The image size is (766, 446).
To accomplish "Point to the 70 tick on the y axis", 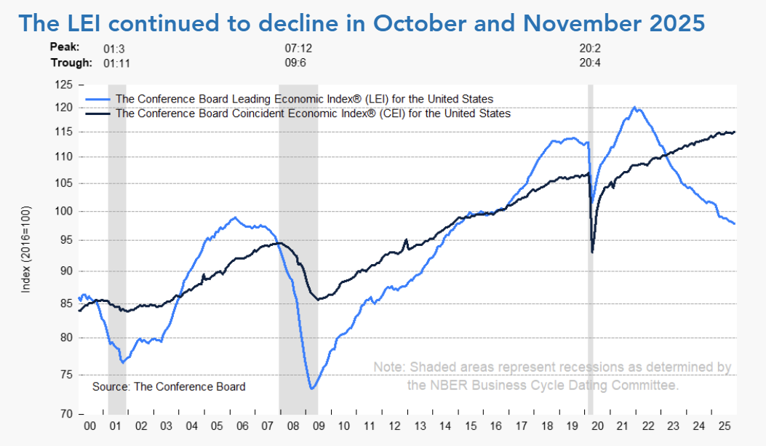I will [x=67, y=413].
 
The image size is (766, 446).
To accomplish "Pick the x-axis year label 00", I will [x=91, y=425].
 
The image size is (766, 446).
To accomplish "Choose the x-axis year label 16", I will [x=495, y=425].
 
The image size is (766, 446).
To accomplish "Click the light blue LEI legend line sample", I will [x=99, y=99].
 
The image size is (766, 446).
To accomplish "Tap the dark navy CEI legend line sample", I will [x=99, y=114].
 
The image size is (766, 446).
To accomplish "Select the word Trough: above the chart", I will [x=71, y=63].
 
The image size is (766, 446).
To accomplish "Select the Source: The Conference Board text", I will [x=169, y=386].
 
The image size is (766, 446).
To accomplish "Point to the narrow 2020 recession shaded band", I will [x=591, y=291].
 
